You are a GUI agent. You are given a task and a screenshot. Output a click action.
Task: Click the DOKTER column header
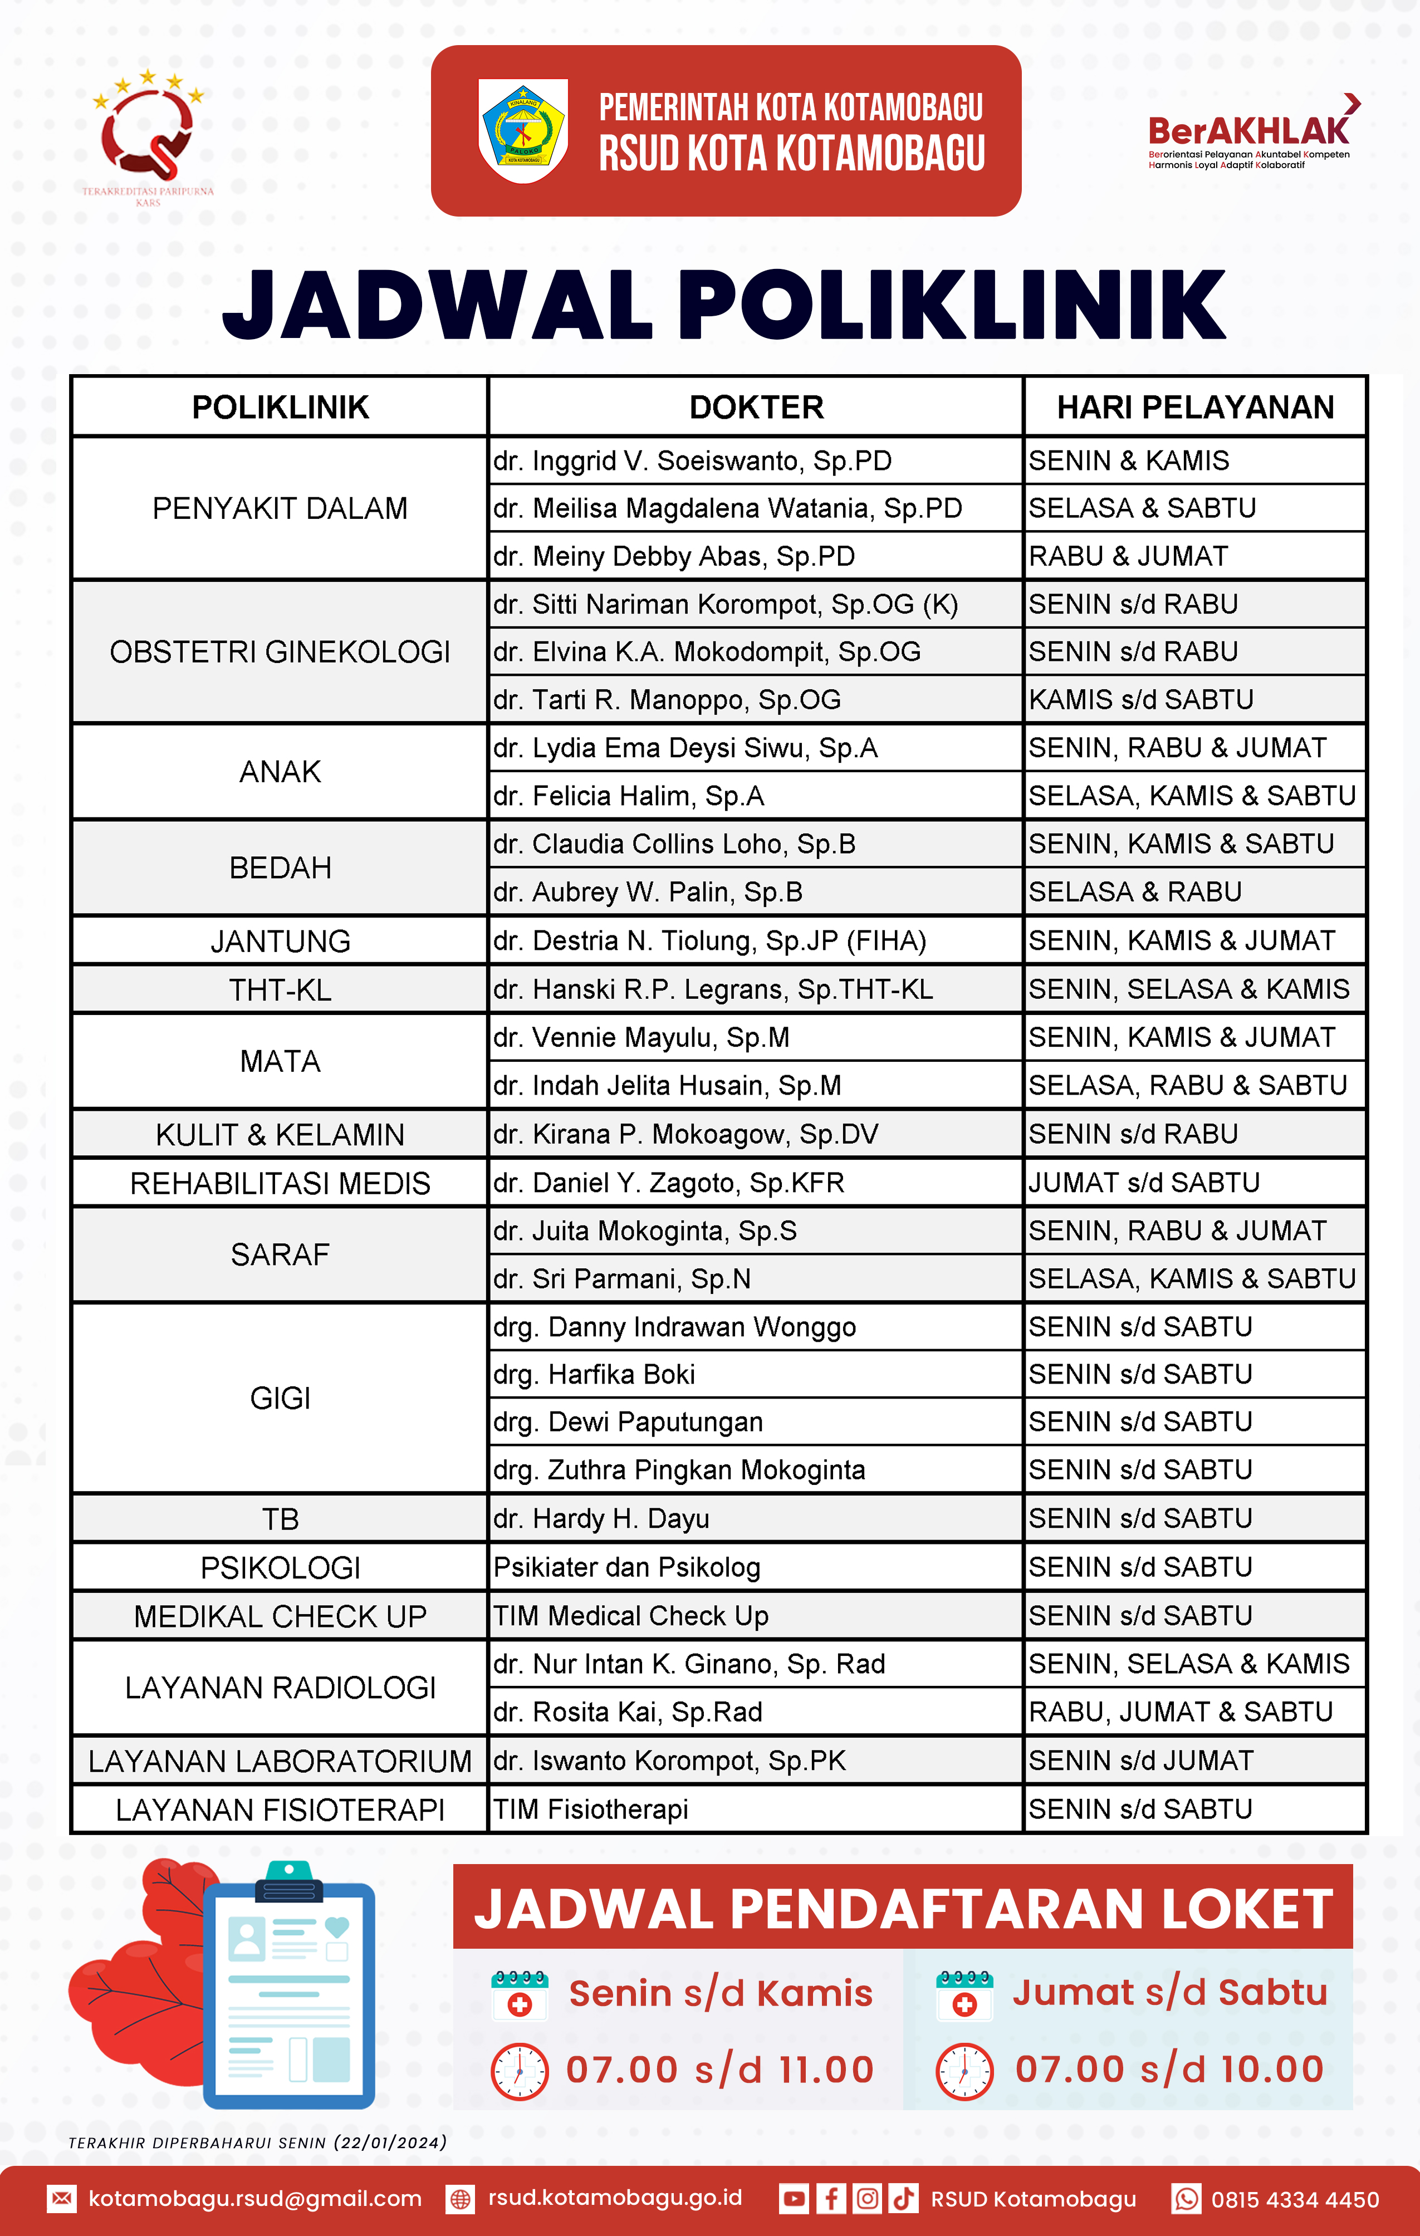pyautogui.click(x=756, y=406)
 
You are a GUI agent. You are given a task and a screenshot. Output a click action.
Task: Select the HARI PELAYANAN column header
pyautogui.click(x=1194, y=406)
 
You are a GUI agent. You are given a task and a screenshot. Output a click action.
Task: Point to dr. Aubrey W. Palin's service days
pyautogui.click(x=1134, y=891)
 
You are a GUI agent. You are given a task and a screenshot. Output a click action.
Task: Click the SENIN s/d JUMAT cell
pyautogui.click(x=1140, y=1761)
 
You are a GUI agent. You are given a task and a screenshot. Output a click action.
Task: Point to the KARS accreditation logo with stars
pyautogui.click(x=149, y=130)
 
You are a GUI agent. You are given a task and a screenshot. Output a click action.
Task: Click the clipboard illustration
pyautogui.click(x=290, y=1987)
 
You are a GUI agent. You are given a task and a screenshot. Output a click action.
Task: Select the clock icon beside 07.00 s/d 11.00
pyautogui.click(x=519, y=2071)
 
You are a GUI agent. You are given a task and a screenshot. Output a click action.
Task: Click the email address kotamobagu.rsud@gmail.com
pyautogui.click(x=254, y=2199)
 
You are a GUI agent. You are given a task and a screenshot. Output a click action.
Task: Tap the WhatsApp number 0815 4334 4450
pyautogui.click(x=1295, y=2199)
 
